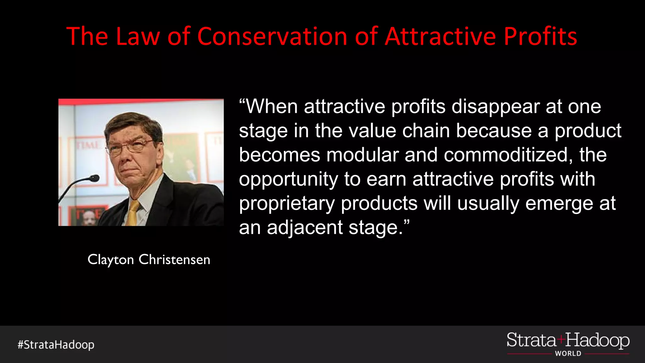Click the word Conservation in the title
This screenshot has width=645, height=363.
[x=272, y=37]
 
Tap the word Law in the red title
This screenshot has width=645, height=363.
[x=138, y=37]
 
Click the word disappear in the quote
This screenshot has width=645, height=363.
[x=496, y=107]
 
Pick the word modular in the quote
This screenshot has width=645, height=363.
[x=362, y=155]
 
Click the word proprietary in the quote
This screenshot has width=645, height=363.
[x=287, y=204]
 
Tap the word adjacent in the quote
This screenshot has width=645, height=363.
[x=305, y=228]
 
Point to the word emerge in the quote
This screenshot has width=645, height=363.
[x=559, y=204]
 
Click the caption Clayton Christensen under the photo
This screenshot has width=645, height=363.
[x=149, y=260]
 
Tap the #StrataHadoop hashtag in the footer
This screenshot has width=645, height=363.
[x=56, y=345]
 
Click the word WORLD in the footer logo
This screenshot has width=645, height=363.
[x=568, y=354]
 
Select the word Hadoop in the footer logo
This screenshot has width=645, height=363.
[x=597, y=341]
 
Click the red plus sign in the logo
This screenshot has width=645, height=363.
[x=561, y=340]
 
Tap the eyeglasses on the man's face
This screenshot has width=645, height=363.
[x=129, y=147]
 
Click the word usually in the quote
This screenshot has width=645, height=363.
[x=488, y=204]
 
